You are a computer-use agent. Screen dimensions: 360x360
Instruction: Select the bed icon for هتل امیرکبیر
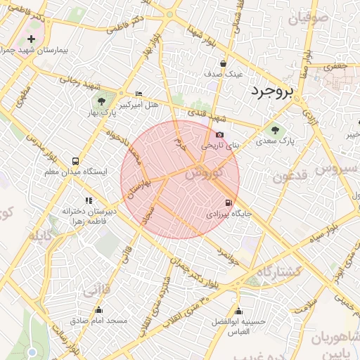click(138, 94)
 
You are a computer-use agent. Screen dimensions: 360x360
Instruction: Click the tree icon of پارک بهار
click(104, 101)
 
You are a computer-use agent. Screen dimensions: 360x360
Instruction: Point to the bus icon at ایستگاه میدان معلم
click(75, 161)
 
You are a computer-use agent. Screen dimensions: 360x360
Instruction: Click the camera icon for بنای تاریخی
click(220, 135)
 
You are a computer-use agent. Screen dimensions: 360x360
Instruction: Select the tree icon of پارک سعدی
click(274, 129)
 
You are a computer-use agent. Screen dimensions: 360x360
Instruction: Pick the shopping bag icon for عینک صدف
click(223, 63)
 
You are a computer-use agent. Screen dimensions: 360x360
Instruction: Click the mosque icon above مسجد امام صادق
click(98, 310)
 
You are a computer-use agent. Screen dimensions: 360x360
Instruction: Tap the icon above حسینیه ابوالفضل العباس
click(239, 311)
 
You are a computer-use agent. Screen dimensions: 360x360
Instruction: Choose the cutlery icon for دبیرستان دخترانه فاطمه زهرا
click(89, 200)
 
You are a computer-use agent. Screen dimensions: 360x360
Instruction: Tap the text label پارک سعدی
click(300, 141)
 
